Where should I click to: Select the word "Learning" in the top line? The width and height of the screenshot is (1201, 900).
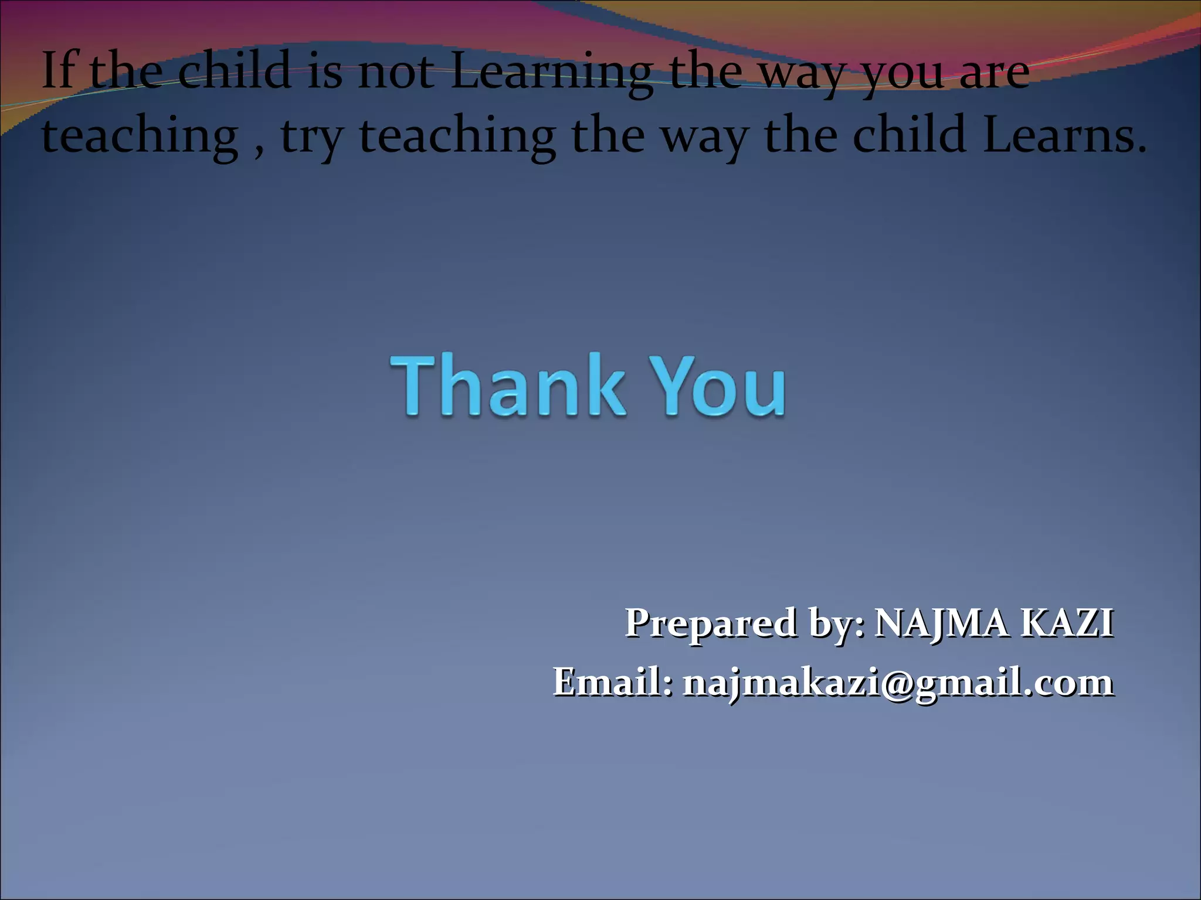(x=551, y=73)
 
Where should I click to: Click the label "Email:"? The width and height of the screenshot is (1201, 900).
(x=613, y=682)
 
